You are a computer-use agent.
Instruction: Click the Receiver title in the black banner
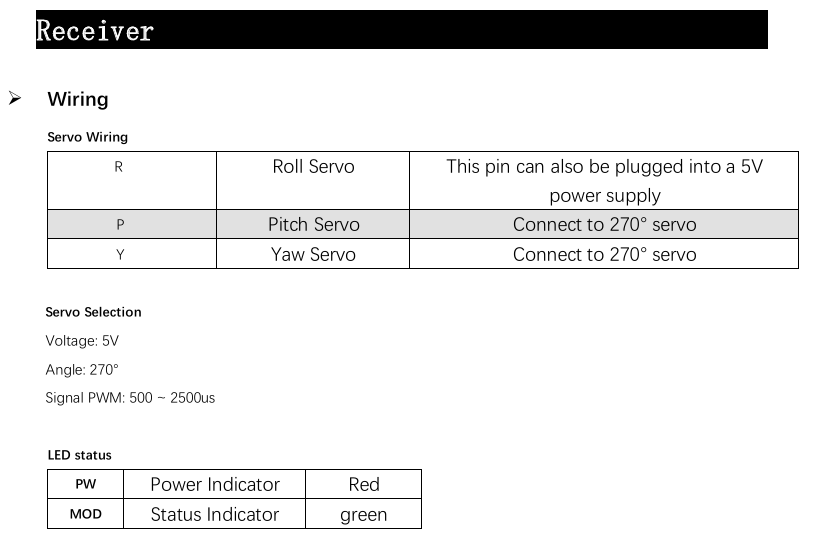(x=95, y=31)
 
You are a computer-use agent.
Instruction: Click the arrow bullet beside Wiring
(x=15, y=98)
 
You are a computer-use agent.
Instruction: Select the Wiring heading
(x=78, y=99)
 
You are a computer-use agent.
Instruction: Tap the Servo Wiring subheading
(x=88, y=137)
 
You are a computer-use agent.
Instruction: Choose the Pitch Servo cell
(x=314, y=224)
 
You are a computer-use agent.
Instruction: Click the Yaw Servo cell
(x=313, y=254)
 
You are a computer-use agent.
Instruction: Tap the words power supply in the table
(x=605, y=196)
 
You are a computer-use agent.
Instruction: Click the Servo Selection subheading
(x=93, y=312)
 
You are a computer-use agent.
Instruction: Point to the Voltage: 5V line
(x=82, y=341)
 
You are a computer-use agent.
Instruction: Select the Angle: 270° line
(x=82, y=369)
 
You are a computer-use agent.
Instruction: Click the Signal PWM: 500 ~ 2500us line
(x=130, y=398)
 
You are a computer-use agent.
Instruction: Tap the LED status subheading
(x=79, y=455)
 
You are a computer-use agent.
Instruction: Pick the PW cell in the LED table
(x=86, y=484)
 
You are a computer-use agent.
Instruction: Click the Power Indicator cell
(x=215, y=484)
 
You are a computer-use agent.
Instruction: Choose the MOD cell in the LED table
(x=86, y=514)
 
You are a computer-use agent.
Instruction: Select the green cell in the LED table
(x=364, y=515)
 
